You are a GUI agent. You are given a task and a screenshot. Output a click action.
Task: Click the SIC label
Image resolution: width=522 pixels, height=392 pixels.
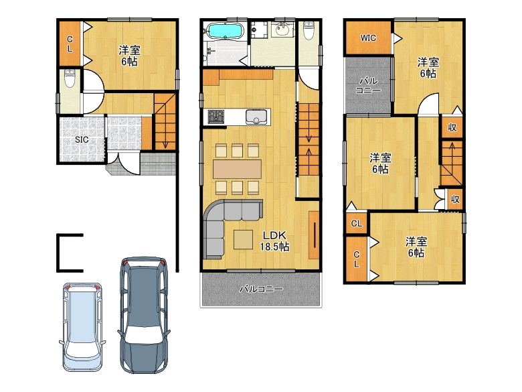(82, 139)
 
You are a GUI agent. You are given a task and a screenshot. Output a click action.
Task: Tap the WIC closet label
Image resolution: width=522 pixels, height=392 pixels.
(368, 38)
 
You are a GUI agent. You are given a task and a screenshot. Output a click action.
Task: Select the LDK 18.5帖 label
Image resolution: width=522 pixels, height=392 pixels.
(274, 241)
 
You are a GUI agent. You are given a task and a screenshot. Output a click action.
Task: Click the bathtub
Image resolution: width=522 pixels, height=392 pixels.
(224, 31)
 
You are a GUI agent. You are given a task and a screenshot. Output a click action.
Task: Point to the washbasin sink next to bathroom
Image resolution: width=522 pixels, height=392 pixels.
(282, 29)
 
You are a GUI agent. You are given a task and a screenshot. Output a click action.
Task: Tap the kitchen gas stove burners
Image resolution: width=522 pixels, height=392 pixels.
(216, 117)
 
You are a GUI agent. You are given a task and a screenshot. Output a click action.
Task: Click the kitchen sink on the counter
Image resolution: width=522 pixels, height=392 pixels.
(256, 117)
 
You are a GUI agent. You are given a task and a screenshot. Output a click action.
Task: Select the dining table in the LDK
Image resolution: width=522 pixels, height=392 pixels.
(238, 169)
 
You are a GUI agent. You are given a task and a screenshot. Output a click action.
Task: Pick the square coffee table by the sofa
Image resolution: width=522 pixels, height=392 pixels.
(244, 240)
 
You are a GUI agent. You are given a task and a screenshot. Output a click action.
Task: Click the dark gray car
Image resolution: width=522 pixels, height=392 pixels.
(143, 315)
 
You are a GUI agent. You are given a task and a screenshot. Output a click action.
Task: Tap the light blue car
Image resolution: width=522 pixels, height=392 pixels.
(82, 327)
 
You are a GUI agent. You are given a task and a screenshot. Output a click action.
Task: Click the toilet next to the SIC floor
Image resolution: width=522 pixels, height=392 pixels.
(70, 78)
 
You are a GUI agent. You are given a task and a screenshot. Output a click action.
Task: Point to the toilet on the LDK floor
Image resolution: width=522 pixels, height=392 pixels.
(309, 30)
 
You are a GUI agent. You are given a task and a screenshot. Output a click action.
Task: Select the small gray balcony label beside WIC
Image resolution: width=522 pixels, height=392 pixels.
(368, 85)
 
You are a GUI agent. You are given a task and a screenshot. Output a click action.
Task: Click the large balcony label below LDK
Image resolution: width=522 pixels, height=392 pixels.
(261, 289)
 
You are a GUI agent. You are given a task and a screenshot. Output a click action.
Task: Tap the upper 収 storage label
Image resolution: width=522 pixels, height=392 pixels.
(452, 127)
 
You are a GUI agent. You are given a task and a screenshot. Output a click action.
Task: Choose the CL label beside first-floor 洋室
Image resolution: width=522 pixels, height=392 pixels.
(70, 44)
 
